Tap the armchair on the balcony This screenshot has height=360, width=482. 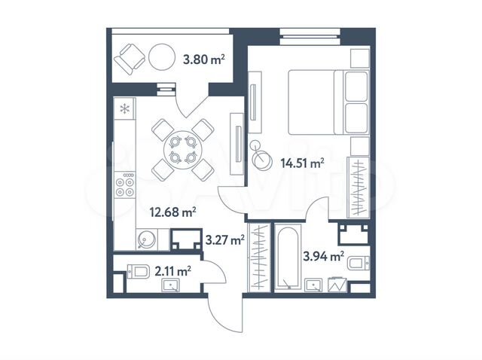[130, 56]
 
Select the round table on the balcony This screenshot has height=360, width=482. [162, 57]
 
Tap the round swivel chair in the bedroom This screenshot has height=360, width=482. [263, 159]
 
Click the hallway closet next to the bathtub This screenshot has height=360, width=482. [258, 257]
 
